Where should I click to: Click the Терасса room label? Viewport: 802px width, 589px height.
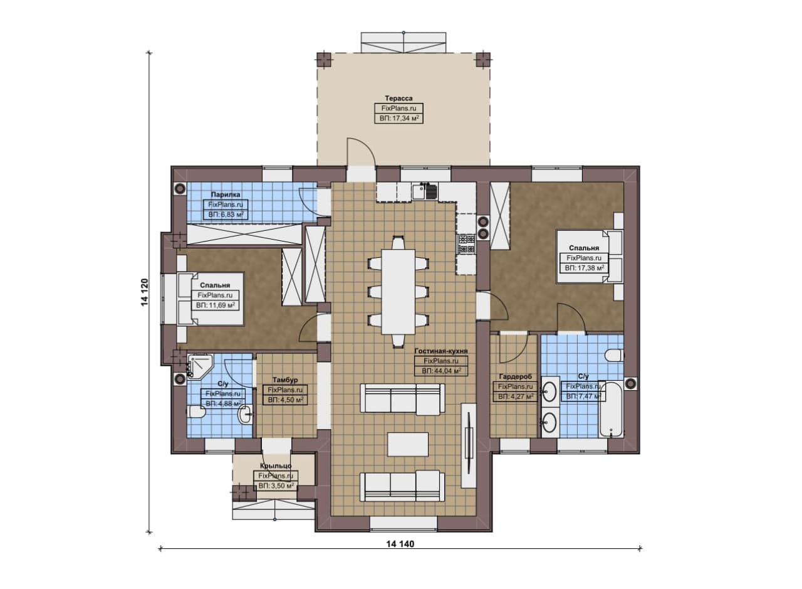398,98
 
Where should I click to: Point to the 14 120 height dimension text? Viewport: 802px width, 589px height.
144,292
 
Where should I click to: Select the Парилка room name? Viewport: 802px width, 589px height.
225,194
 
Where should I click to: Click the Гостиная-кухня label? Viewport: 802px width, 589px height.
441,351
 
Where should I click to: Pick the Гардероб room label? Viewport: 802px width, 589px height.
515,377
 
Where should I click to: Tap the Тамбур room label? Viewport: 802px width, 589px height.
285,380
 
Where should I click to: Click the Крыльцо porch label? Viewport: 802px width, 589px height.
276,466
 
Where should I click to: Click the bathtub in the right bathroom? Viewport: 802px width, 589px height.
611,409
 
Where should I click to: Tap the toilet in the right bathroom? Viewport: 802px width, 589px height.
614,356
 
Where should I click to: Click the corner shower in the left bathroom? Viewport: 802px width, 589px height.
199,366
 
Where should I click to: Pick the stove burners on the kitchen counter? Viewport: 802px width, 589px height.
466,244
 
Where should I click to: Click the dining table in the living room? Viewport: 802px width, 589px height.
398,292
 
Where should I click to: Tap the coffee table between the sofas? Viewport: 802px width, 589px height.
408,444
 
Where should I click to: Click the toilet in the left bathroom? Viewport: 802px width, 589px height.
195,411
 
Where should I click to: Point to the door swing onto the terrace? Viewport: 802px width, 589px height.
361,151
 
